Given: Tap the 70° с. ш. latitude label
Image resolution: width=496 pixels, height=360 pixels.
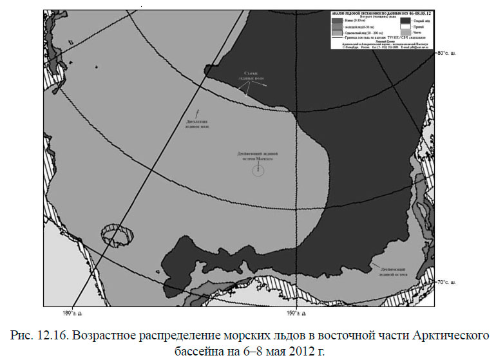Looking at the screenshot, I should [x=452, y=281].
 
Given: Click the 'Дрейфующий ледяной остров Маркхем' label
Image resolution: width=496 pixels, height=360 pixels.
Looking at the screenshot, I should [x=256, y=156].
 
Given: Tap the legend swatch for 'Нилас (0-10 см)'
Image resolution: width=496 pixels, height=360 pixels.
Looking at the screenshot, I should [x=337, y=21].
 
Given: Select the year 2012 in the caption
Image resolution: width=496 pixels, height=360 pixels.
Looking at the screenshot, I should [x=292, y=352].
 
